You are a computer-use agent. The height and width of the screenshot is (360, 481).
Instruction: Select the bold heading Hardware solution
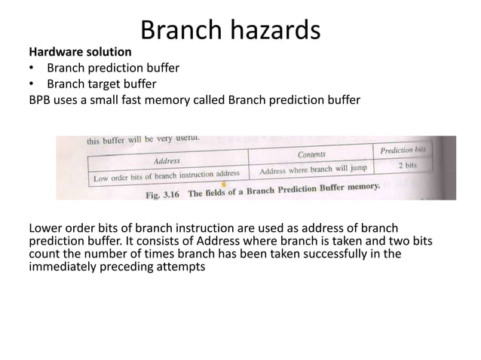pos(80,53)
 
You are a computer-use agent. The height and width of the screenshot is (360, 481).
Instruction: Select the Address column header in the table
pos(167,160)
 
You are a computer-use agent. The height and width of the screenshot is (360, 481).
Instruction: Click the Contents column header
pos(311,154)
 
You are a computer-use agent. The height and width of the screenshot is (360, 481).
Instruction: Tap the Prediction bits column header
pos(403,150)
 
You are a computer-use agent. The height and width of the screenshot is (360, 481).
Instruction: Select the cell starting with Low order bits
pos(166,175)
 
